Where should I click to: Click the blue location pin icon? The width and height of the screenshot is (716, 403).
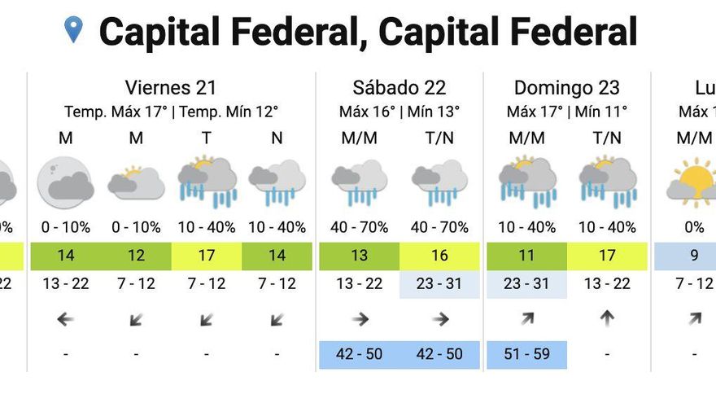(x=74, y=30)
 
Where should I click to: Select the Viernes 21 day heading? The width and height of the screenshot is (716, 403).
(x=171, y=88)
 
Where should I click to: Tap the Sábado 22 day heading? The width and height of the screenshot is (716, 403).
(x=399, y=88)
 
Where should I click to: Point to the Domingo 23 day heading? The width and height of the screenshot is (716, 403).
(x=566, y=88)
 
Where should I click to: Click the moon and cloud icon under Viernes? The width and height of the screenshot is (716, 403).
(x=65, y=182)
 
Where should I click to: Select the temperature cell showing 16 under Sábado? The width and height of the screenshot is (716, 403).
(x=439, y=256)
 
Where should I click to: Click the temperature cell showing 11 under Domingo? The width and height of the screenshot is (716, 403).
(x=526, y=256)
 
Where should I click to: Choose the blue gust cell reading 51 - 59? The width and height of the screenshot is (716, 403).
(x=526, y=354)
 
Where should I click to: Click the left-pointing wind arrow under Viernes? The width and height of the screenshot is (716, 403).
(x=65, y=319)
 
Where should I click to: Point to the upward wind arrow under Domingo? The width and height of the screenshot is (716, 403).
(x=607, y=318)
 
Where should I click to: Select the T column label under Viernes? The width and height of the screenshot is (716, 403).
(x=207, y=138)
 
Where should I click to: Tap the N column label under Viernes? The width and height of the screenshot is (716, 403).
(x=277, y=138)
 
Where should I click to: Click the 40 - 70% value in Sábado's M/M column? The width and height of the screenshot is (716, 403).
(x=359, y=227)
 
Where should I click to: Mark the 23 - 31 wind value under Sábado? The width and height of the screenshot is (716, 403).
(x=439, y=283)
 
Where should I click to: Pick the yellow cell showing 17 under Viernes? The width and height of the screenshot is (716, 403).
(x=207, y=256)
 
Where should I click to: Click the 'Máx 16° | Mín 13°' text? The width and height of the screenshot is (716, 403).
(x=399, y=112)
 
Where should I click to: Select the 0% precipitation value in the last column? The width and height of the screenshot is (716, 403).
(x=694, y=227)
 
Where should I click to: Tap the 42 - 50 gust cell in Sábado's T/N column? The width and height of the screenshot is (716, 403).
(x=439, y=354)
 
